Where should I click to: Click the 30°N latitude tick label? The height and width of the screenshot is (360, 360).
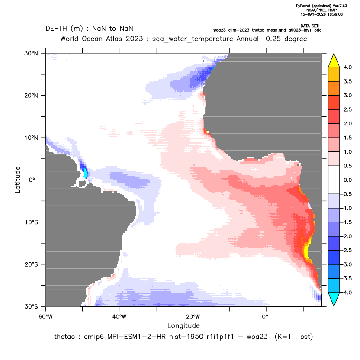31,53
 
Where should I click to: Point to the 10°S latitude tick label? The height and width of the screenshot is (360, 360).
31,222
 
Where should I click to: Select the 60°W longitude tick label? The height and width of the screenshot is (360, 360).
45,317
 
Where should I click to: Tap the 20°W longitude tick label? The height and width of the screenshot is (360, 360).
193,317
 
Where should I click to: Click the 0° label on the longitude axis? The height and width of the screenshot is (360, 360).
265,317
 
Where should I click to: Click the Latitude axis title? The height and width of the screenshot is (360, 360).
18,180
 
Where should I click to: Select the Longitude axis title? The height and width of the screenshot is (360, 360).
183,325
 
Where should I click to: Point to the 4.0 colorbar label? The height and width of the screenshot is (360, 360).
347,67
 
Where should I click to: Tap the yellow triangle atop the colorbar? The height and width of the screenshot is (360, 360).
334,61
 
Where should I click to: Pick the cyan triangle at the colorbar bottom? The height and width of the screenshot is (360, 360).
334,299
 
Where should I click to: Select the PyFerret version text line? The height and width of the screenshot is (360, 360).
321,6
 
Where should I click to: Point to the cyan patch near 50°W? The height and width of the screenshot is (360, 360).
85,173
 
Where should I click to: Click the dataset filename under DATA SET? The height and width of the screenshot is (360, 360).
267,30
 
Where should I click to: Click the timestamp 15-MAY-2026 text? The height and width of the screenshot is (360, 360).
321,14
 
